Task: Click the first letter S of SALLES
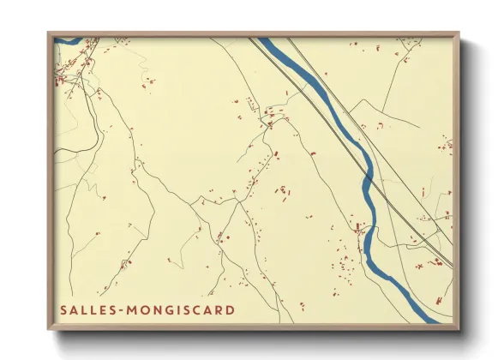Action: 63,309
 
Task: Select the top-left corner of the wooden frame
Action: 49,33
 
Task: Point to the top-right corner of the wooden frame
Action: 459,33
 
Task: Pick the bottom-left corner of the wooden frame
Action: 49,329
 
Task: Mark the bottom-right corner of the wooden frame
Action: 459,329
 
